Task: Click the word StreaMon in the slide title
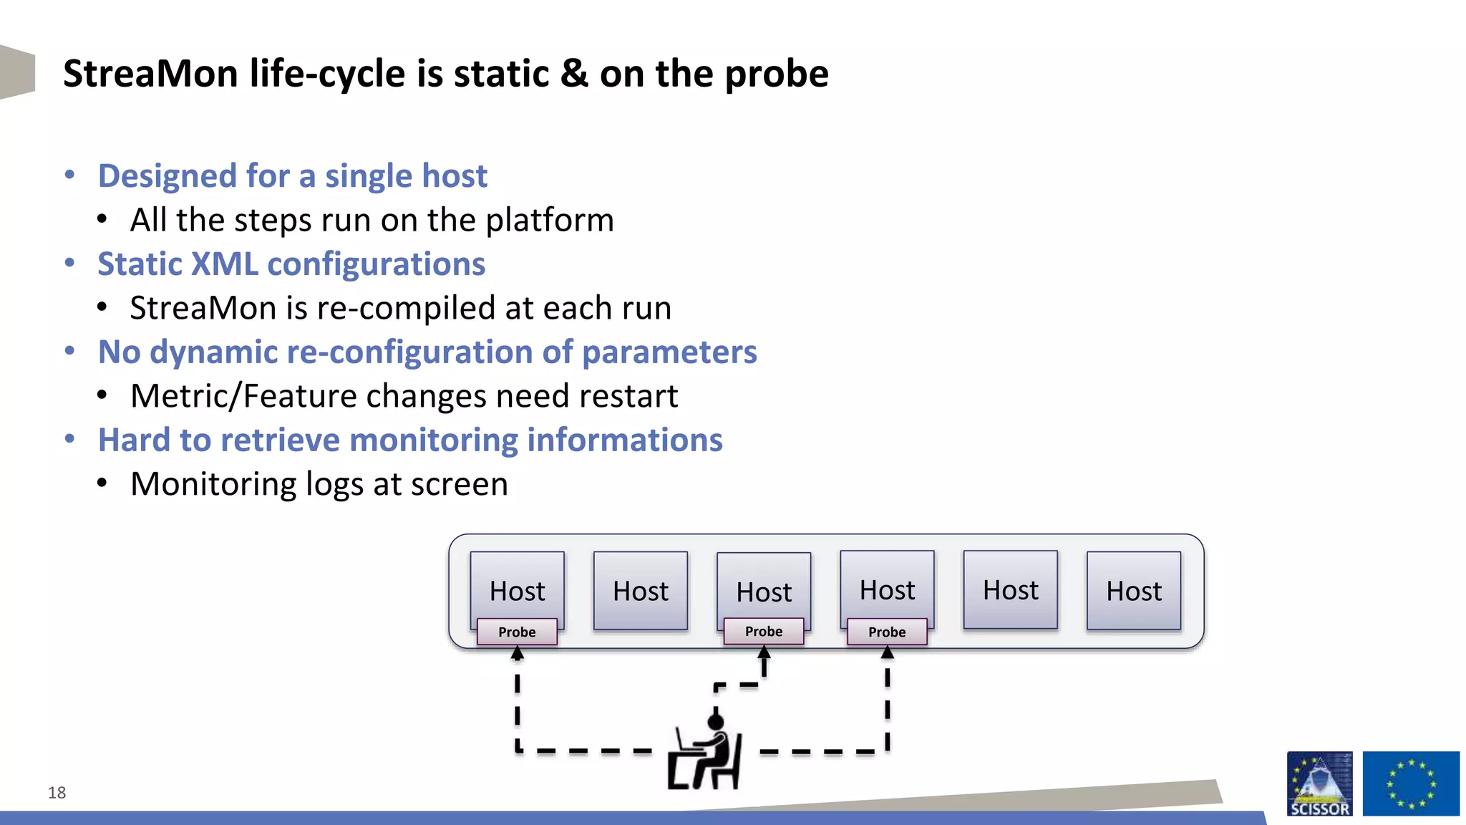tap(150, 74)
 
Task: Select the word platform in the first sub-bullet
tap(550, 221)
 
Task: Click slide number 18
tap(57, 793)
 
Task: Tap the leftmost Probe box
tap(517, 632)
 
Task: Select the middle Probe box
tap(764, 632)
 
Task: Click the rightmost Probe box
tap(887, 632)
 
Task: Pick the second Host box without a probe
tap(1010, 590)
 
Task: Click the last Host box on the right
tap(1134, 591)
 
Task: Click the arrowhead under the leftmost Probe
tap(518, 653)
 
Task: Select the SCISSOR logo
tap(1319, 783)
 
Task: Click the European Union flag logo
tap(1410, 783)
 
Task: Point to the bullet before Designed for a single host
tap(69, 175)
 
